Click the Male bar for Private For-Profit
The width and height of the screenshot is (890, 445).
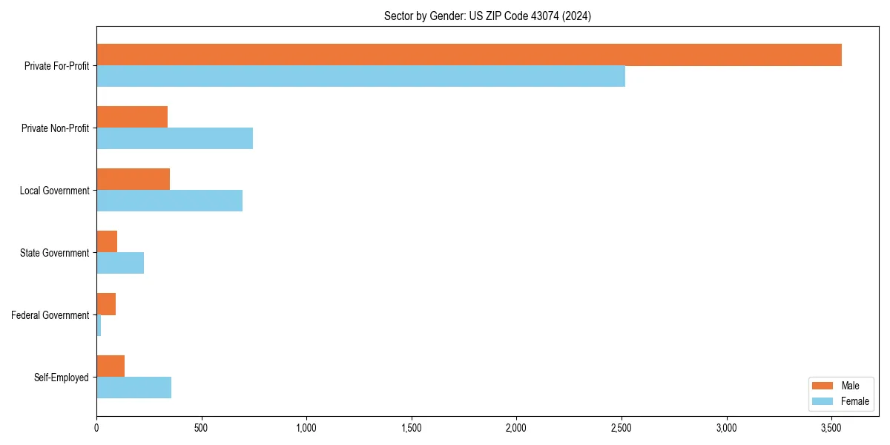pyautogui.click(x=469, y=55)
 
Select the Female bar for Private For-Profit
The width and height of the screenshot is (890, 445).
pyautogui.click(x=360, y=76)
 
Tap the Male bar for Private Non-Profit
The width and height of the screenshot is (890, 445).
pyautogui.click(x=132, y=117)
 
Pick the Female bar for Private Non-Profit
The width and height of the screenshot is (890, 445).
pyautogui.click(x=174, y=139)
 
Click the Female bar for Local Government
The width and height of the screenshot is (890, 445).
pyautogui.click(x=169, y=201)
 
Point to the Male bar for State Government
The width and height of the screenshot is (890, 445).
pyautogui.click(x=107, y=242)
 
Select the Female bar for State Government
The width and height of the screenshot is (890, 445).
pyautogui.click(x=120, y=263)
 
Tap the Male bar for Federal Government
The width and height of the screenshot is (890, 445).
pyautogui.click(x=106, y=304)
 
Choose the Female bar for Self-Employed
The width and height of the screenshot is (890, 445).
pyautogui.click(x=133, y=388)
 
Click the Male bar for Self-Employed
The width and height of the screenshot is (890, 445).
pyautogui.click(x=111, y=366)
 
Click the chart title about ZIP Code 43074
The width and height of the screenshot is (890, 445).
pyautogui.click(x=487, y=16)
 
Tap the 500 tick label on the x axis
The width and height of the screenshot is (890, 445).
pyautogui.click(x=201, y=428)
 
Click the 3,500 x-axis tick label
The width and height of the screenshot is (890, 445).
pyautogui.click(x=831, y=428)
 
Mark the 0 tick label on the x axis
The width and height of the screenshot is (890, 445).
pyautogui.click(x=96, y=428)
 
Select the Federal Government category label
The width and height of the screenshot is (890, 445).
pyautogui.click(x=50, y=315)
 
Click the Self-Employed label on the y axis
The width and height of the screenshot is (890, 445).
pyautogui.click(x=62, y=378)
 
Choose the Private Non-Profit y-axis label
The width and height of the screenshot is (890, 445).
pyautogui.click(x=55, y=128)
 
